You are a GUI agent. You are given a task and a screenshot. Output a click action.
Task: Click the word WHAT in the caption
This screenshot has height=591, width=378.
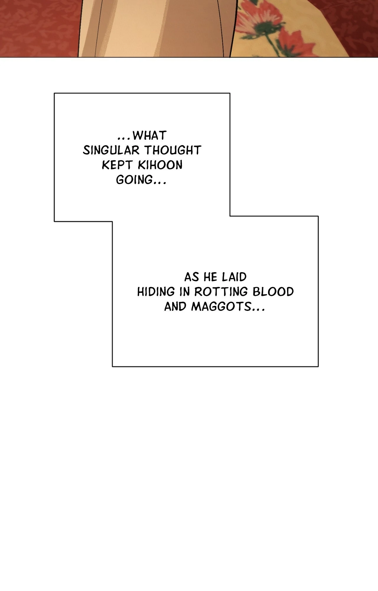[149, 136]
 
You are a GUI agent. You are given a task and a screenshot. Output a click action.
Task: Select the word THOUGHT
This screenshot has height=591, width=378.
[173, 150]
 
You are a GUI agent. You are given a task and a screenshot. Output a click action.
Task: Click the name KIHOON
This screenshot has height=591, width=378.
[160, 165]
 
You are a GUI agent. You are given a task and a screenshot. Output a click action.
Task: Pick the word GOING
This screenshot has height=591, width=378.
[134, 180]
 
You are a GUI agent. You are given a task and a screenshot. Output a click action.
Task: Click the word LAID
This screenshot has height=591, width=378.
[234, 277]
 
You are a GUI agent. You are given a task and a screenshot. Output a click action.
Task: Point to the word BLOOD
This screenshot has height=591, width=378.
[273, 292]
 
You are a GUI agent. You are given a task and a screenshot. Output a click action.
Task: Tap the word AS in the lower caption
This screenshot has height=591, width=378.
[192, 277]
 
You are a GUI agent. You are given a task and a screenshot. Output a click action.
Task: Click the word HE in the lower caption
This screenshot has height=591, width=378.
[210, 277]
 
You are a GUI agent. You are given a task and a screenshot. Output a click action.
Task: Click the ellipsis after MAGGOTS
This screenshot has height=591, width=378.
[258, 310]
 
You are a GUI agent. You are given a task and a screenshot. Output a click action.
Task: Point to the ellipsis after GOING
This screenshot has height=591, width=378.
[159, 183]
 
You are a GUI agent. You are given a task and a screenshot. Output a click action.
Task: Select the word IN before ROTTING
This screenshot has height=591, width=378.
[185, 292]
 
